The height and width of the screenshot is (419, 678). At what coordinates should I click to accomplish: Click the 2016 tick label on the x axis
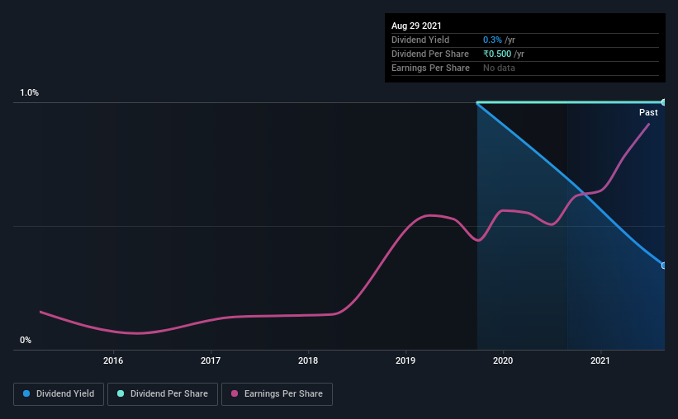(x=113, y=360)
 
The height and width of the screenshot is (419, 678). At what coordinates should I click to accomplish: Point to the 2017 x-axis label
(x=211, y=360)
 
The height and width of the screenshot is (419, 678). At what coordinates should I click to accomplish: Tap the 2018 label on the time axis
(x=308, y=360)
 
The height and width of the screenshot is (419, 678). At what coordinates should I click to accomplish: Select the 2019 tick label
(x=405, y=360)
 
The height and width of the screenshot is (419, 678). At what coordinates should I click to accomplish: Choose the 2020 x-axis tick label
(x=503, y=360)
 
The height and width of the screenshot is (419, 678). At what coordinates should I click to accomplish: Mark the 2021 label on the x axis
(x=600, y=360)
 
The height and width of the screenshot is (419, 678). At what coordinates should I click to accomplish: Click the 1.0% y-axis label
(x=30, y=93)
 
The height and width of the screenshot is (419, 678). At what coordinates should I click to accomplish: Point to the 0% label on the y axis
(x=26, y=341)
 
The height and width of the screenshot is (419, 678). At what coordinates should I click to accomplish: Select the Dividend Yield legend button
(x=59, y=394)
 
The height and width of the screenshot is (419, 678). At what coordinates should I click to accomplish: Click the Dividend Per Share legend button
(x=163, y=394)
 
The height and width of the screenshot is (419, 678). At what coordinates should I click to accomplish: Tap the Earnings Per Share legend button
(x=277, y=394)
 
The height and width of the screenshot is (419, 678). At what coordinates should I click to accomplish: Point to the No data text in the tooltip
(x=499, y=68)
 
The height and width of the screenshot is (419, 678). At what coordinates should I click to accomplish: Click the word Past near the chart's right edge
(x=648, y=112)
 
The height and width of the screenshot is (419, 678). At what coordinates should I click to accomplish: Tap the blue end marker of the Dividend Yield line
(x=664, y=266)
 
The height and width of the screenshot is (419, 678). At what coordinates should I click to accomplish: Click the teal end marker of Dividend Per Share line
(x=664, y=102)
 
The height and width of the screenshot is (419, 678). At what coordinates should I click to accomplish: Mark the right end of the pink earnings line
(x=649, y=124)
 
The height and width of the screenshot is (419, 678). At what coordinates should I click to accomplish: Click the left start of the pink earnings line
(x=40, y=312)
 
